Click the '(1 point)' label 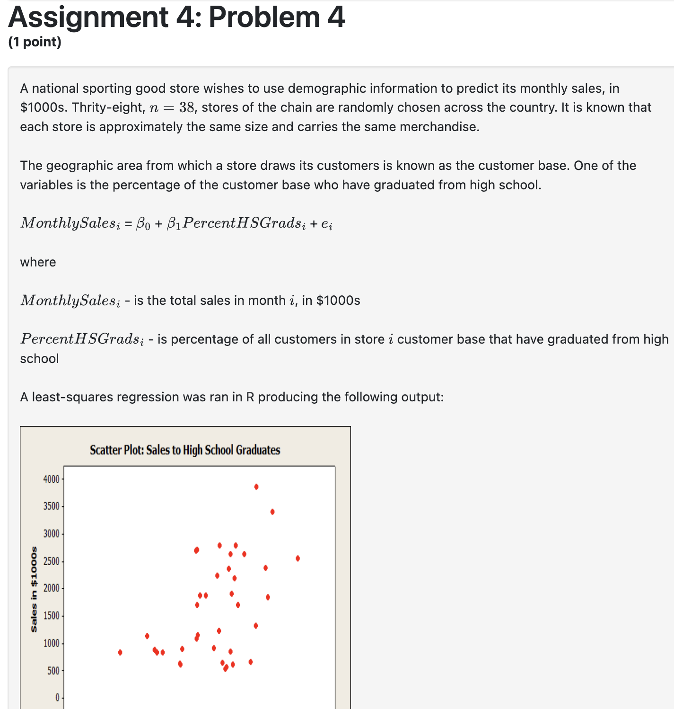[35, 42]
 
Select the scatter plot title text [185, 450]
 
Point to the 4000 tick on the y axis [51, 479]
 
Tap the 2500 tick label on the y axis [51, 561]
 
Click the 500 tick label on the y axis [53, 671]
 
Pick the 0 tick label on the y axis [57, 698]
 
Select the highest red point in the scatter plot [256, 487]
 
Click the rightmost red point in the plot [298, 558]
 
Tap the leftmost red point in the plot [120, 652]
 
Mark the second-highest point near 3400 [272, 512]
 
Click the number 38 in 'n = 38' [187, 108]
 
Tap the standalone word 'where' [38, 262]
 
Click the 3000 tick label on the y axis [51, 534]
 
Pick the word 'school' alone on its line [39, 359]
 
